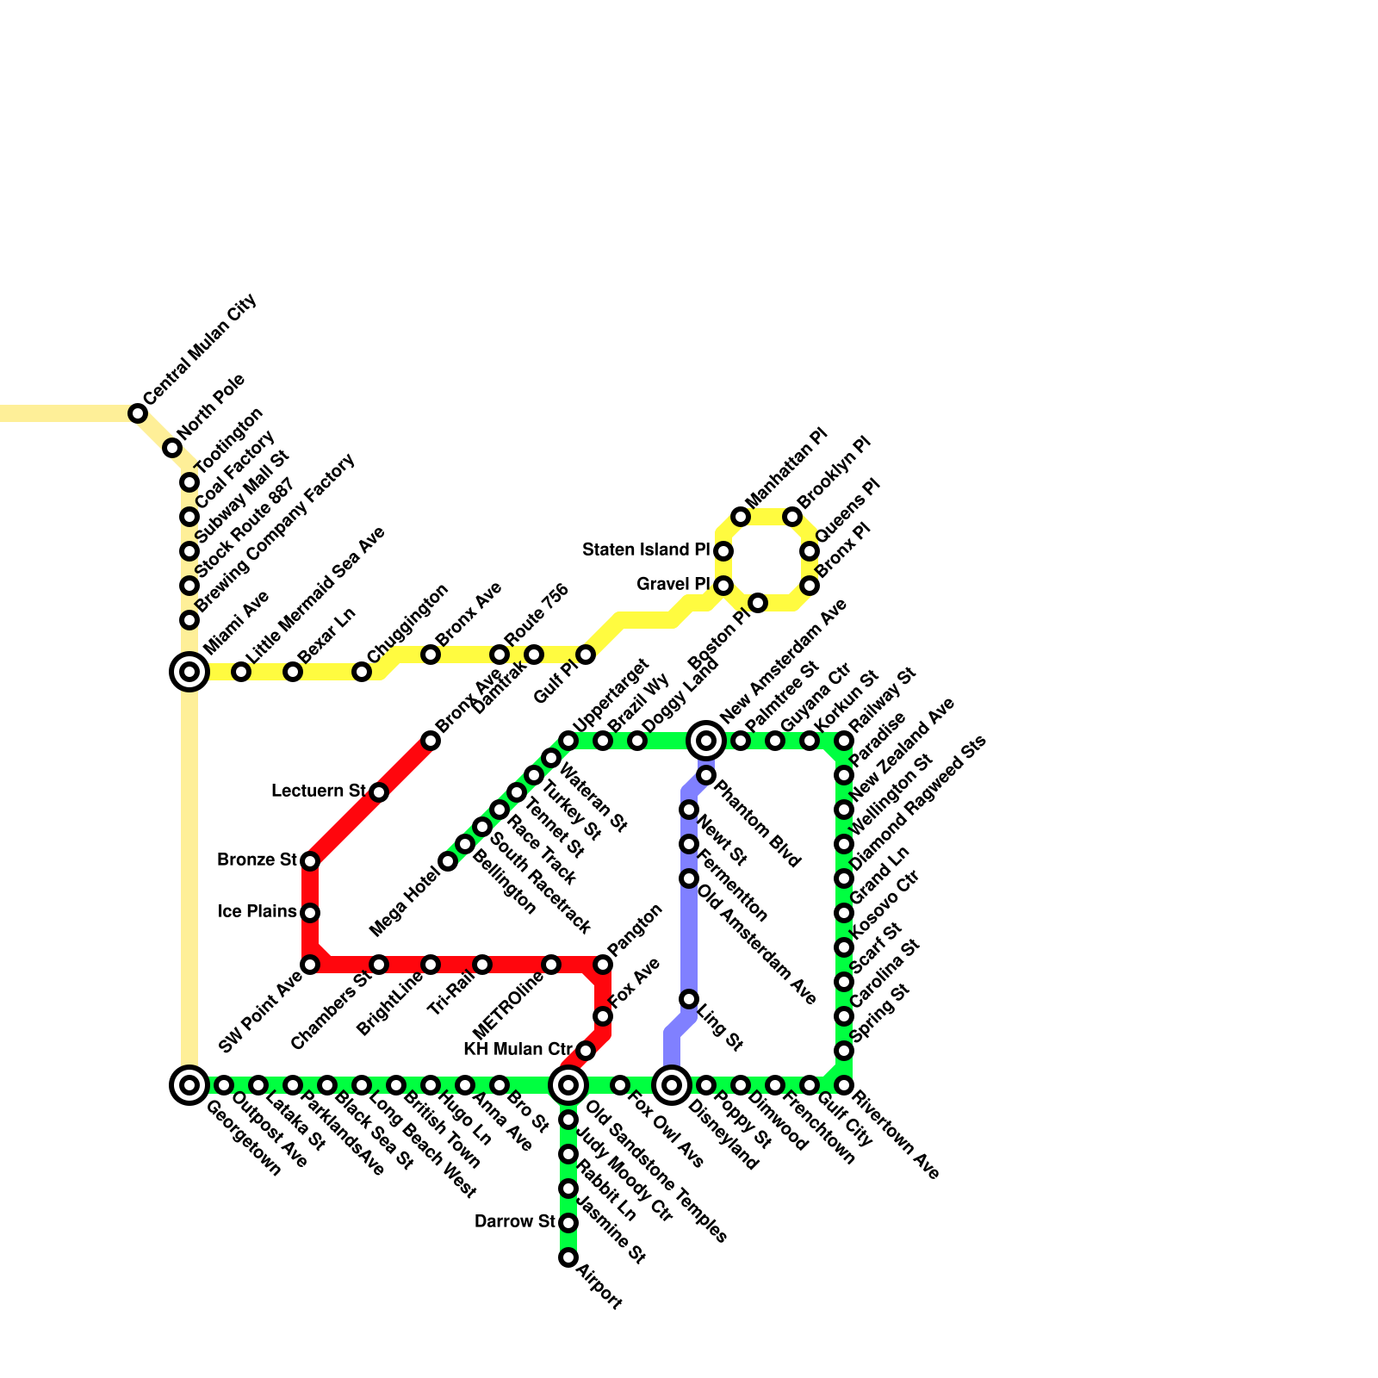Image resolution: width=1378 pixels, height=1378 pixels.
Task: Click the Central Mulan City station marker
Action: [x=138, y=413]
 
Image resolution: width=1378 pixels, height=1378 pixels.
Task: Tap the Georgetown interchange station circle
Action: [x=189, y=1084]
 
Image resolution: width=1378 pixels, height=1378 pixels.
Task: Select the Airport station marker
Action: [x=568, y=1257]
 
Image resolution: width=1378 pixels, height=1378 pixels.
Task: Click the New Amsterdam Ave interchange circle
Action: [x=706, y=740]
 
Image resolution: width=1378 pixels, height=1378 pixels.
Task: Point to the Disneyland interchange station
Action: [x=672, y=1084]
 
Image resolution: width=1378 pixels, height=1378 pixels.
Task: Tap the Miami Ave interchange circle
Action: [x=189, y=671]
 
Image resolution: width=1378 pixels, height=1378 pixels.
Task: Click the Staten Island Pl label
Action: [x=646, y=549]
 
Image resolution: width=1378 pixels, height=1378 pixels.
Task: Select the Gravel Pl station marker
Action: [x=723, y=586]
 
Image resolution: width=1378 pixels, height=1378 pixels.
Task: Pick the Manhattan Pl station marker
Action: [x=741, y=517]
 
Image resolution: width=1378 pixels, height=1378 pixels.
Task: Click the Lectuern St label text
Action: [x=319, y=791]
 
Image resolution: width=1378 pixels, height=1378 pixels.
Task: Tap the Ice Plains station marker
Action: [x=310, y=913]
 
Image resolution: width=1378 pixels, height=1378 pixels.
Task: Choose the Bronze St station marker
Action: [x=310, y=861]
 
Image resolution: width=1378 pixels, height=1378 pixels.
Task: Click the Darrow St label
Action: [x=515, y=1221]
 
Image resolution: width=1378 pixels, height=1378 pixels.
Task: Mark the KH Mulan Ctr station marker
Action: [x=586, y=1051]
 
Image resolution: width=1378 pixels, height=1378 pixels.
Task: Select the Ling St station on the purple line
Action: [x=689, y=999]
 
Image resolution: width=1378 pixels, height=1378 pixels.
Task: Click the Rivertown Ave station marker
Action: [x=844, y=1085]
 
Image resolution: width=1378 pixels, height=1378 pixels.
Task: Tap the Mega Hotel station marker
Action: [x=448, y=861]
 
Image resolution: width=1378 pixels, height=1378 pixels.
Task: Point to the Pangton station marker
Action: [x=603, y=965]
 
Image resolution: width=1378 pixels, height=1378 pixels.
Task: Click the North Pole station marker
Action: [x=172, y=448]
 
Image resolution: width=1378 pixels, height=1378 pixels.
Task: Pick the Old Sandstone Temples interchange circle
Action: [x=568, y=1084]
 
